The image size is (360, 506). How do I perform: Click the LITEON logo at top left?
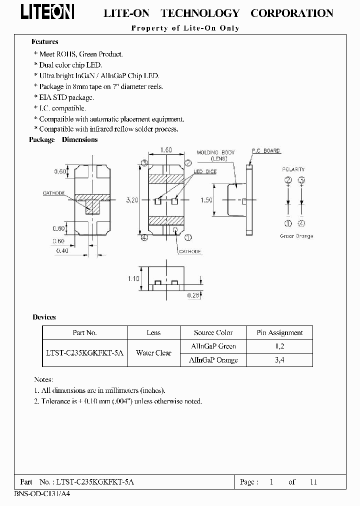[47, 12]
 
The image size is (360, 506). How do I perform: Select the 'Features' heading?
[44, 42]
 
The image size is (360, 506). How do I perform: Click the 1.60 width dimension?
[166, 150]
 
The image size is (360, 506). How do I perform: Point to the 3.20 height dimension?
[132, 200]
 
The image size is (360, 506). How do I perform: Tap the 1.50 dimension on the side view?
[206, 200]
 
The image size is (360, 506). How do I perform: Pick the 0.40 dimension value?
[61, 251]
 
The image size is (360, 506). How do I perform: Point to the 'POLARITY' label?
[293, 169]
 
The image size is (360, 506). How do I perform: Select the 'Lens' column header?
[153, 332]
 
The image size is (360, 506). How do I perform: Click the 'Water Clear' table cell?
[153, 353]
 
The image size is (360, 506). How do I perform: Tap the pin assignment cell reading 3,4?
[279, 360]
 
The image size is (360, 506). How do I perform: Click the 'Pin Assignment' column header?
[279, 332]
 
